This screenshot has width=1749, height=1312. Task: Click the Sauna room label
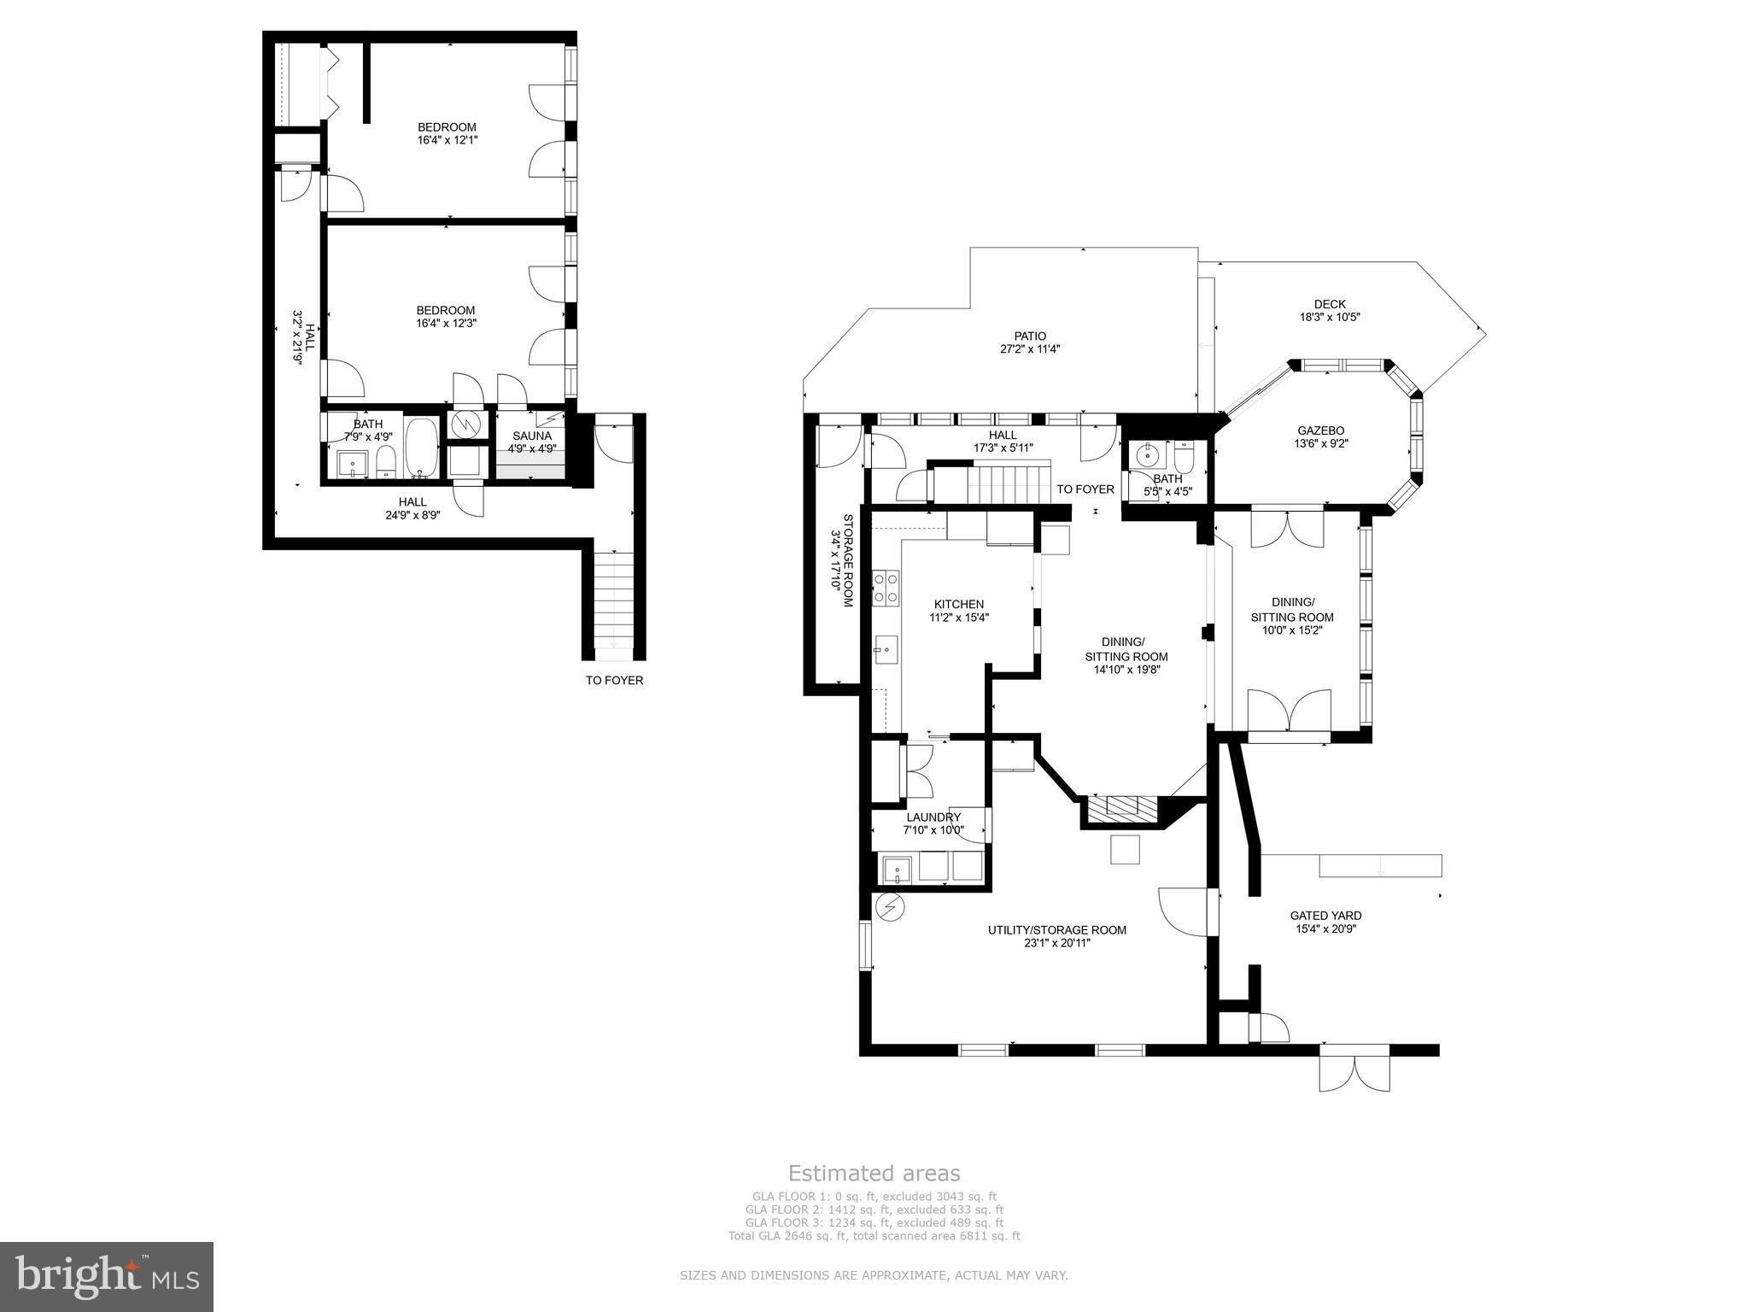531,436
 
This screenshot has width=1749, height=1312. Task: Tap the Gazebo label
1321,430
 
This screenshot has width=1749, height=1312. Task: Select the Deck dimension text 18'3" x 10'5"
1329,317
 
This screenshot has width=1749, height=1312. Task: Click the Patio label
1029,336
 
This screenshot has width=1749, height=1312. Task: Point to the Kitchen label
958,604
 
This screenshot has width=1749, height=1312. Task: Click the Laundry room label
933,817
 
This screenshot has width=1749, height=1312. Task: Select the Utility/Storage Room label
1056,929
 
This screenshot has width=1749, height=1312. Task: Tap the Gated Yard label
1325,915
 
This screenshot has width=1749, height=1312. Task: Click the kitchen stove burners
885,588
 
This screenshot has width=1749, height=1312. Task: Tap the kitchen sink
885,649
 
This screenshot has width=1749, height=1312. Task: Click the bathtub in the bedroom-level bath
421,447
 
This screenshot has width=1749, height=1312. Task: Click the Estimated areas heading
874,1173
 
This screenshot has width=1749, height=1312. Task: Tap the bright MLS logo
107,1276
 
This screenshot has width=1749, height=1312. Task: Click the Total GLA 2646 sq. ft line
874,1235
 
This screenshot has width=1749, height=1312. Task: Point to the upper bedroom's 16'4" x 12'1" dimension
447,139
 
